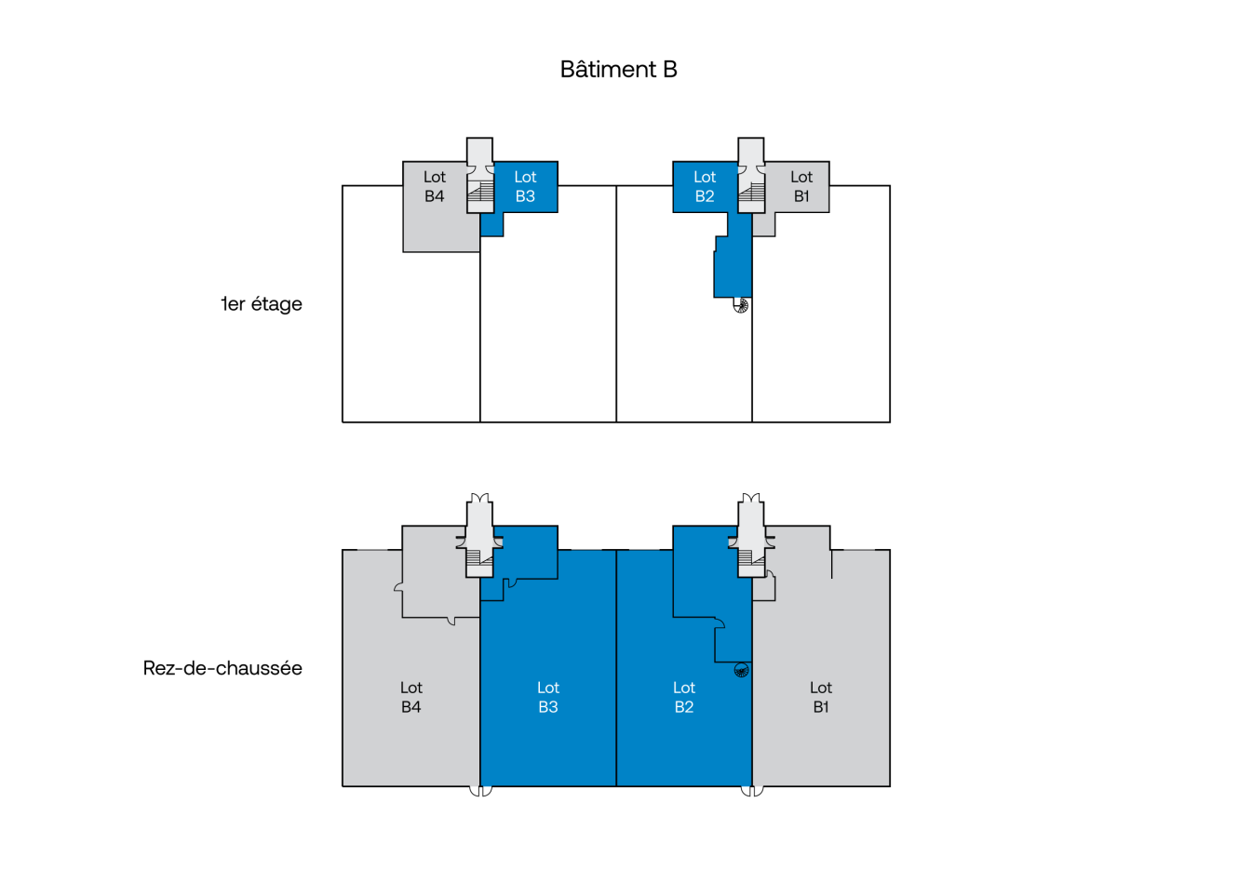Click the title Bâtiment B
618,70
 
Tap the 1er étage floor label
262,304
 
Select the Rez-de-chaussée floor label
222,668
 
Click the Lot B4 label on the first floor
435,186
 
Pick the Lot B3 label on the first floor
525,186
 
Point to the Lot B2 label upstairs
705,186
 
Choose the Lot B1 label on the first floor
801,186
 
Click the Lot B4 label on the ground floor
411,697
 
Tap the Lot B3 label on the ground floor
548,697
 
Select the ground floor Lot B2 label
684,697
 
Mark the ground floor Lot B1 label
821,697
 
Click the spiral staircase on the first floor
741,305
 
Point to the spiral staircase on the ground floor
741,669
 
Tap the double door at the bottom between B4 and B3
480,791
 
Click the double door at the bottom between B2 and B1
752,791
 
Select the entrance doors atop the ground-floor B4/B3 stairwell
479,501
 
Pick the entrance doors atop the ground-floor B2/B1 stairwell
751,501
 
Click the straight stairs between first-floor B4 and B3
480,191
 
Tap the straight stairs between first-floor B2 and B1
752,191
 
